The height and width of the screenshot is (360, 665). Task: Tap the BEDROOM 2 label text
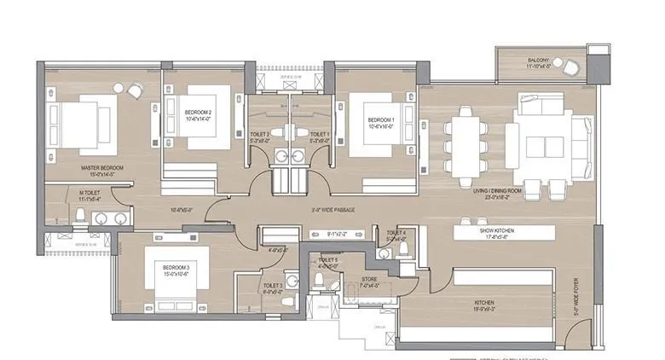198,111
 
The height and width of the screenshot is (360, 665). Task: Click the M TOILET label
90,194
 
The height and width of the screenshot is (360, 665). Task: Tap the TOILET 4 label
396,233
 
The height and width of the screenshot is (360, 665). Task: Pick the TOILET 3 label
273,286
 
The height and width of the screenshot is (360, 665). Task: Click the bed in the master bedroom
81,124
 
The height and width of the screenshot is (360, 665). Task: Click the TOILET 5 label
328,259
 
